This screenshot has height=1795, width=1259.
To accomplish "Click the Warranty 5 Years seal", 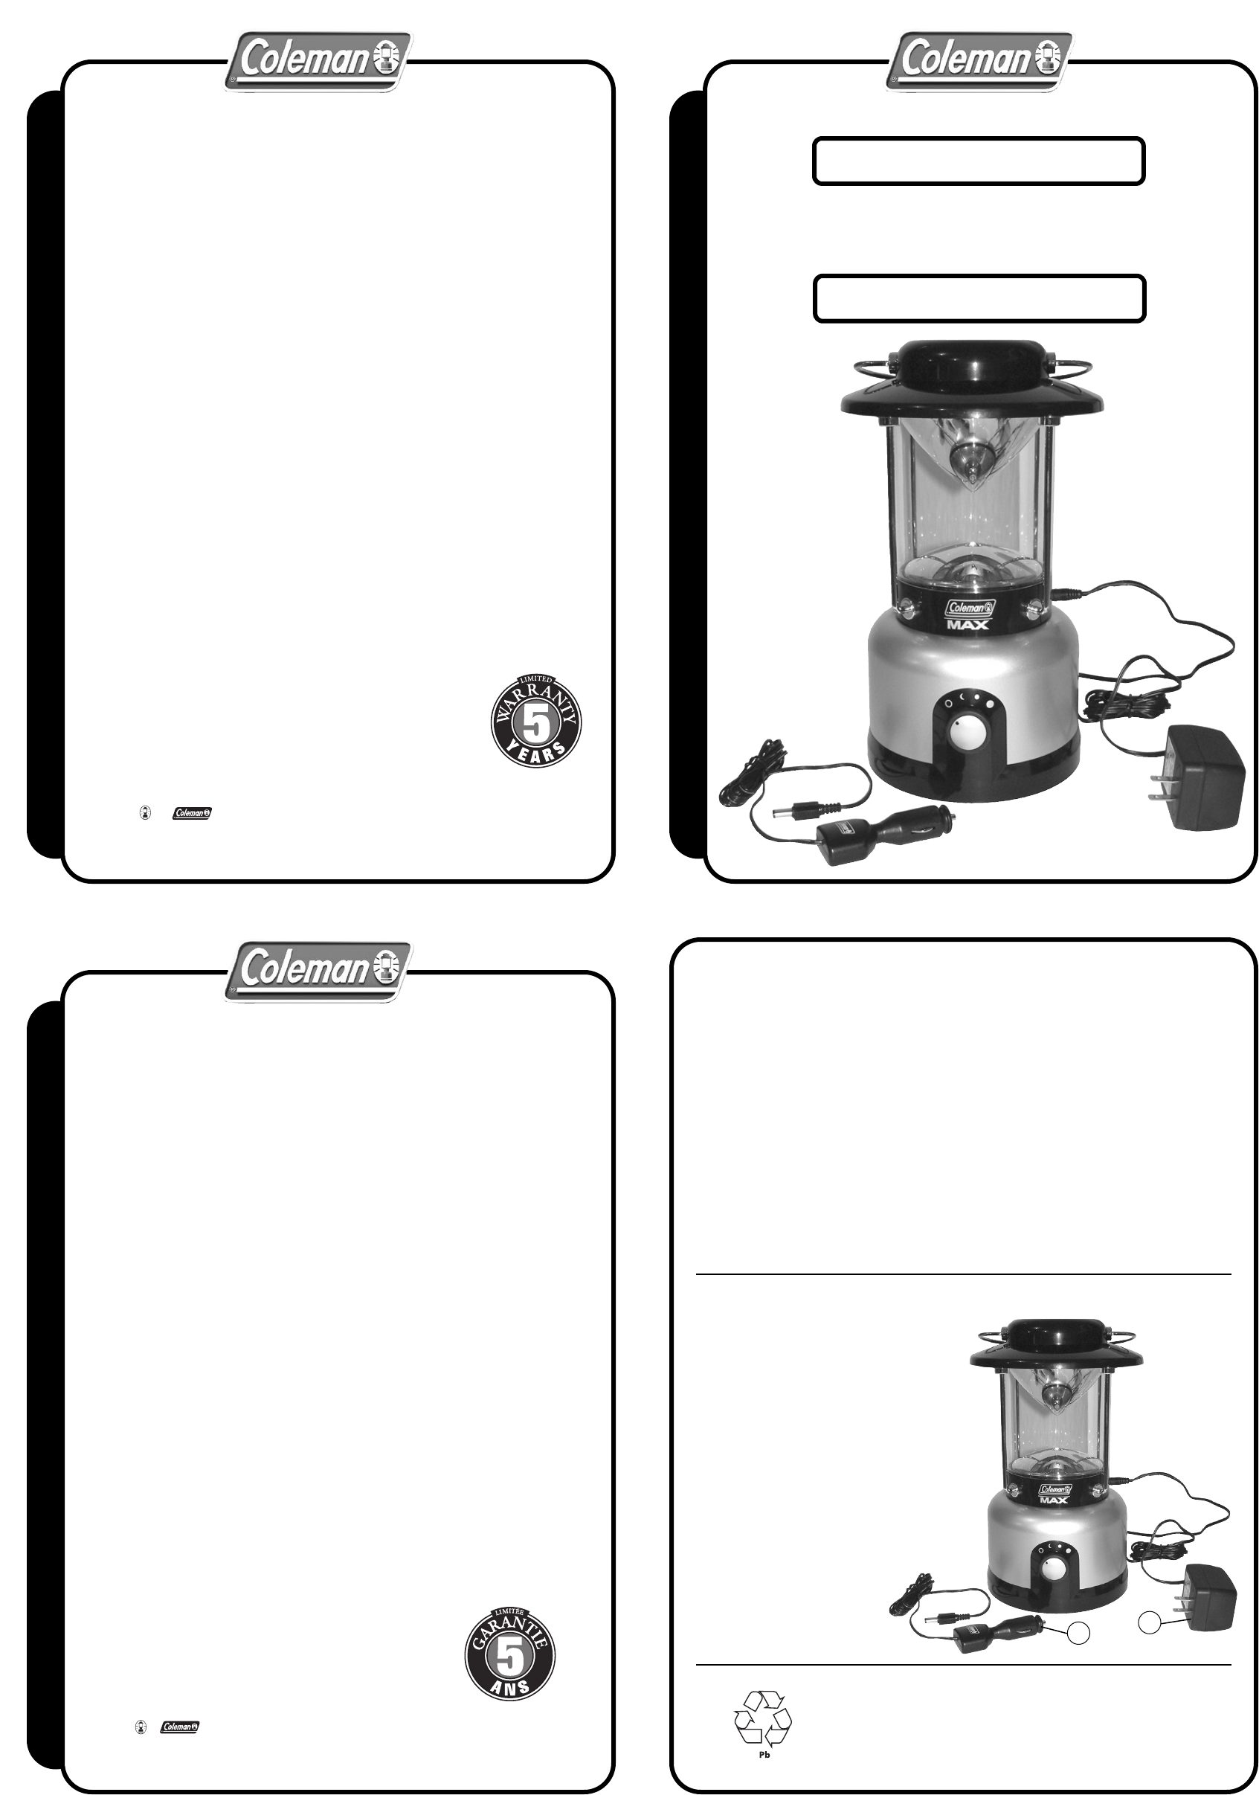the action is [535, 720].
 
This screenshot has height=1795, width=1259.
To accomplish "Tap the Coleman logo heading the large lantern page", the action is [979, 62].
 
